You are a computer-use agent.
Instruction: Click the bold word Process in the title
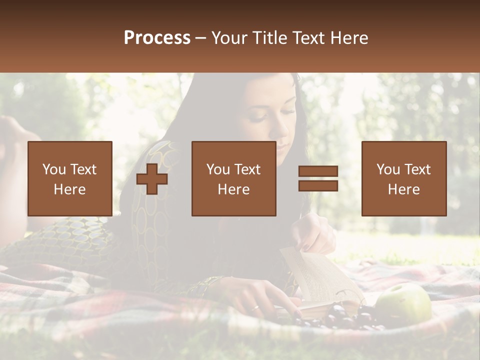(x=157, y=38)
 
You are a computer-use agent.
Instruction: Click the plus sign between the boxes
(x=152, y=179)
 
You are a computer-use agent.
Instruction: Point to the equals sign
(x=318, y=178)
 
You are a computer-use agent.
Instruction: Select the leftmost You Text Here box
(x=69, y=178)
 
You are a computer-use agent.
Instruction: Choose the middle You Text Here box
(x=233, y=178)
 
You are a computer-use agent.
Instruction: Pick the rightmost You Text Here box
(x=403, y=178)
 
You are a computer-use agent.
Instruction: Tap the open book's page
(x=320, y=277)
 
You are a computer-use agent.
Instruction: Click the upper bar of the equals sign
(x=318, y=171)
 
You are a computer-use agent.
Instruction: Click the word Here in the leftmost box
(x=69, y=189)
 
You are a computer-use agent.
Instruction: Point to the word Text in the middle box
(x=246, y=169)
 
